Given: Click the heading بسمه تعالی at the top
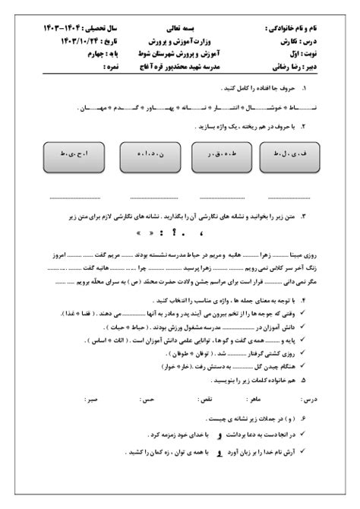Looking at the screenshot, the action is (x=179, y=26).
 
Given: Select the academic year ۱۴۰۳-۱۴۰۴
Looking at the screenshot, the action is (x=65, y=27).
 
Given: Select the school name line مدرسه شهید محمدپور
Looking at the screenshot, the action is (x=179, y=68).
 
